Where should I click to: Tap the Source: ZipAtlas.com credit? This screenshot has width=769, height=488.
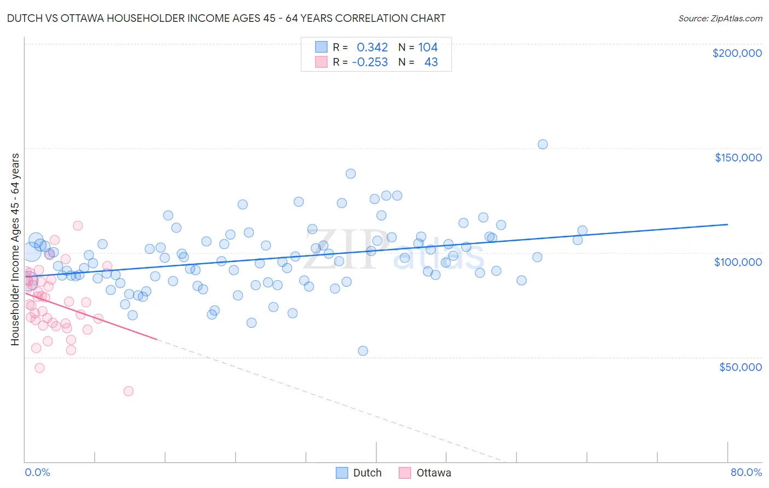click(720, 18)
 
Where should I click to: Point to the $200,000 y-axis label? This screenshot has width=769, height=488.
click(737, 53)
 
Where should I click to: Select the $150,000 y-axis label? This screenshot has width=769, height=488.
click(738, 158)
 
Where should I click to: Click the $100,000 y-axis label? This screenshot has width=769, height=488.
click(738, 262)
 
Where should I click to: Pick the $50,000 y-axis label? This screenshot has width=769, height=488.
click(740, 367)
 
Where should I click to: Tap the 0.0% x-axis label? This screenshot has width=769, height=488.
click(37, 472)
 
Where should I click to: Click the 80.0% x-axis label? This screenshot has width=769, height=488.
click(746, 472)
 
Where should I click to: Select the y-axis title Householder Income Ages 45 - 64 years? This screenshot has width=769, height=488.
click(15, 249)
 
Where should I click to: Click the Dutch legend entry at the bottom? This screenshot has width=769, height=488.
click(359, 473)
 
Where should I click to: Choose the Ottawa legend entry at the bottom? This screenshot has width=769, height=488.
click(425, 473)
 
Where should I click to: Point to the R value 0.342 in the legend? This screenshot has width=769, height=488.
click(372, 48)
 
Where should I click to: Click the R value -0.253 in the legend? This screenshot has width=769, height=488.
click(370, 62)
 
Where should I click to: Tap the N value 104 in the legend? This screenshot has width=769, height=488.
click(428, 48)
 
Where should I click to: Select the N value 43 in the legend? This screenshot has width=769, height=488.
click(431, 62)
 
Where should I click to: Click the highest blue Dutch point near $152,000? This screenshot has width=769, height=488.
click(543, 144)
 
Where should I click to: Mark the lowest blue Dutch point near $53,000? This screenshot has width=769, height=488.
click(363, 351)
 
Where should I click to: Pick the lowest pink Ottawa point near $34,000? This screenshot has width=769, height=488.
click(129, 391)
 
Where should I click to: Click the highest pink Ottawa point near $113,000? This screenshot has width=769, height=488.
click(78, 225)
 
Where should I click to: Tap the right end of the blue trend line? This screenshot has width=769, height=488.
click(727, 224)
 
